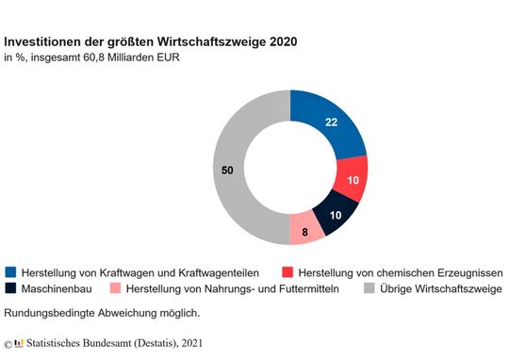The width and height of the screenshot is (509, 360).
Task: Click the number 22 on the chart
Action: [331, 123]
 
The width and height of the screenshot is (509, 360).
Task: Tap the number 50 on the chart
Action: [227, 170]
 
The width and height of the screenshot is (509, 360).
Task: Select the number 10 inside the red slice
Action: [352, 179]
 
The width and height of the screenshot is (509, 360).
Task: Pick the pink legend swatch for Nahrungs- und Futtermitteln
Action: [115, 287]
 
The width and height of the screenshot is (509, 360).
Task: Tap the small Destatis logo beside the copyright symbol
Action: [19, 342]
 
